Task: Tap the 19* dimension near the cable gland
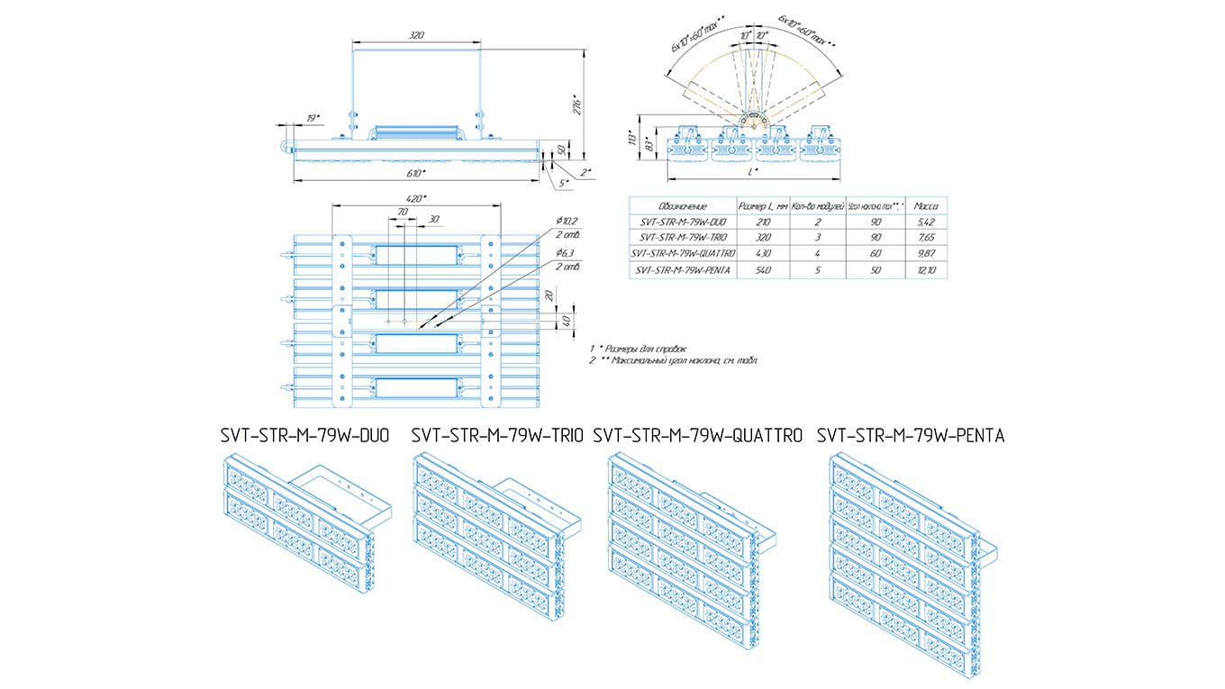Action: [312, 118]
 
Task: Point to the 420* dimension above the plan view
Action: [416, 197]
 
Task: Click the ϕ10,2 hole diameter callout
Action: [567, 221]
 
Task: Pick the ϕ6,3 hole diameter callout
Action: [567, 255]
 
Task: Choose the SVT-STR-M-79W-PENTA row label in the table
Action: [682, 269]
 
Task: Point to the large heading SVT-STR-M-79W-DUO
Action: [304, 436]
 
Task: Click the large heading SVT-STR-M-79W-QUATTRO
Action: [698, 436]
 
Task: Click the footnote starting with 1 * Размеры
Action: [638, 348]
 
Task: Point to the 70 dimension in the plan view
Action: [403, 211]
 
